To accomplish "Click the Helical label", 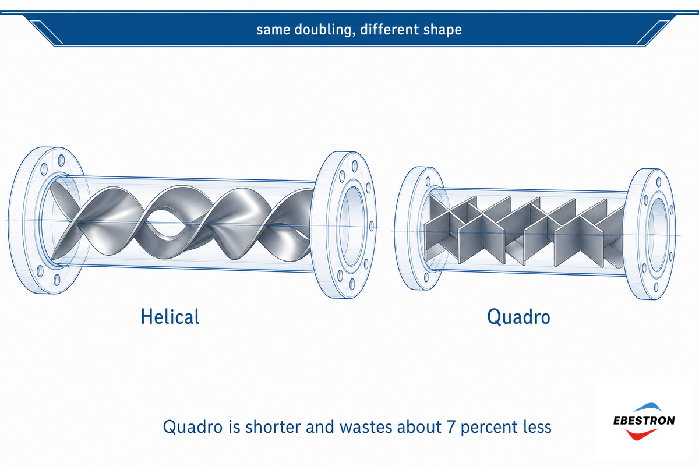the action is coord(170,317).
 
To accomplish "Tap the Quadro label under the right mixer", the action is coord(518,317).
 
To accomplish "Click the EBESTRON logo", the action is coord(644,421).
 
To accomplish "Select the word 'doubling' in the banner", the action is coord(324,30).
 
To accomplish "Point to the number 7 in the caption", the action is coord(451,427).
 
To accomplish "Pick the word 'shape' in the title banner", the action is coord(443,30).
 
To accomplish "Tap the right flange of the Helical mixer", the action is coord(345,225).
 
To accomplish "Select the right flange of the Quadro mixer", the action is coord(651,234).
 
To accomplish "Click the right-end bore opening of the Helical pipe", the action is coord(352,226).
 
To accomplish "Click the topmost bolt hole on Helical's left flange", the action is coord(62,160).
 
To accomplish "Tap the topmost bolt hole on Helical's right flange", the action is coord(355,166).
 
